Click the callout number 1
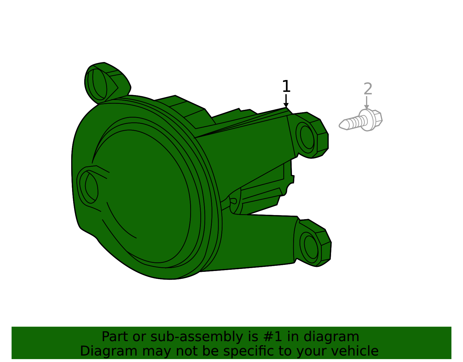(x=286, y=86)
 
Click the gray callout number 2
(x=368, y=89)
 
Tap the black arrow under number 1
(x=286, y=101)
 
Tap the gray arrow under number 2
(x=366, y=103)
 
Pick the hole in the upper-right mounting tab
(x=307, y=137)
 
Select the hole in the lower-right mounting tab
(x=311, y=247)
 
